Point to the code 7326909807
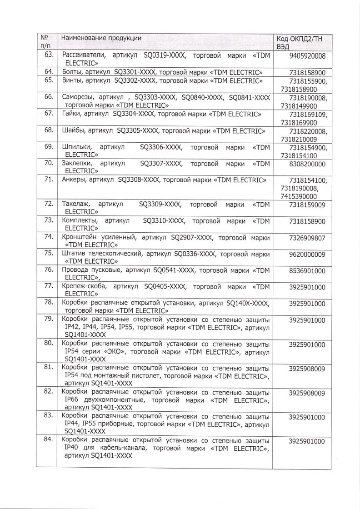(307, 238)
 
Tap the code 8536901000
(307, 270)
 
